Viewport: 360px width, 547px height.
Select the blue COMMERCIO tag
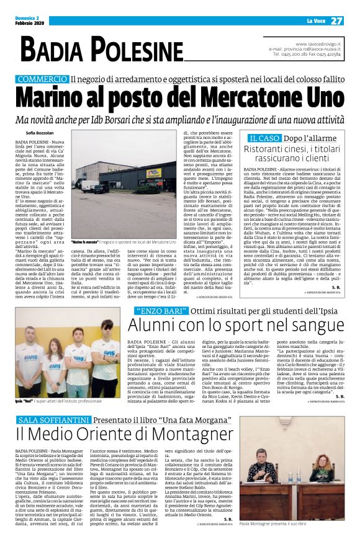point(42,79)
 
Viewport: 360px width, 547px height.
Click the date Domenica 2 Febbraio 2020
point(29,20)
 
